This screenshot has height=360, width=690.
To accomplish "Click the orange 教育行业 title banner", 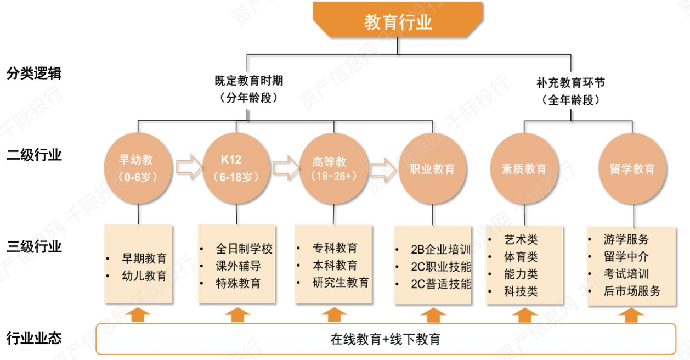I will [x=398, y=21].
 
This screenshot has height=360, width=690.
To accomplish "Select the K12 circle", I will [x=236, y=168].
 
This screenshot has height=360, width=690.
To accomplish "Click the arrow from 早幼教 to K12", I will [x=188, y=167].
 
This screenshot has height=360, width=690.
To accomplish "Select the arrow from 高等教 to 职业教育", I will [x=383, y=168].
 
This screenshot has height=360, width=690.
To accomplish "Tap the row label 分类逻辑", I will [x=34, y=74].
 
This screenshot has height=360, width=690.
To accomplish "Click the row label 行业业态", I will [x=34, y=338].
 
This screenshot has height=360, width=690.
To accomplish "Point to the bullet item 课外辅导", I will [x=237, y=266].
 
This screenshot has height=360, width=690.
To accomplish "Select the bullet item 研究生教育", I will [x=340, y=283].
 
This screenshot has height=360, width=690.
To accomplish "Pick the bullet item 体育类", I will [x=521, y=256].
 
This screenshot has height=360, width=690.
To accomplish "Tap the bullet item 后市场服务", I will [x=631, y=291].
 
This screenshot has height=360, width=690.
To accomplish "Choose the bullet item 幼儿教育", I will [x=144, y=275].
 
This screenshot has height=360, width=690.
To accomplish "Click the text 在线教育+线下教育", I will [x=385, y=339].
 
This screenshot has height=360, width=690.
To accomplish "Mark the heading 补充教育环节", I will [x=570, y=83].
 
